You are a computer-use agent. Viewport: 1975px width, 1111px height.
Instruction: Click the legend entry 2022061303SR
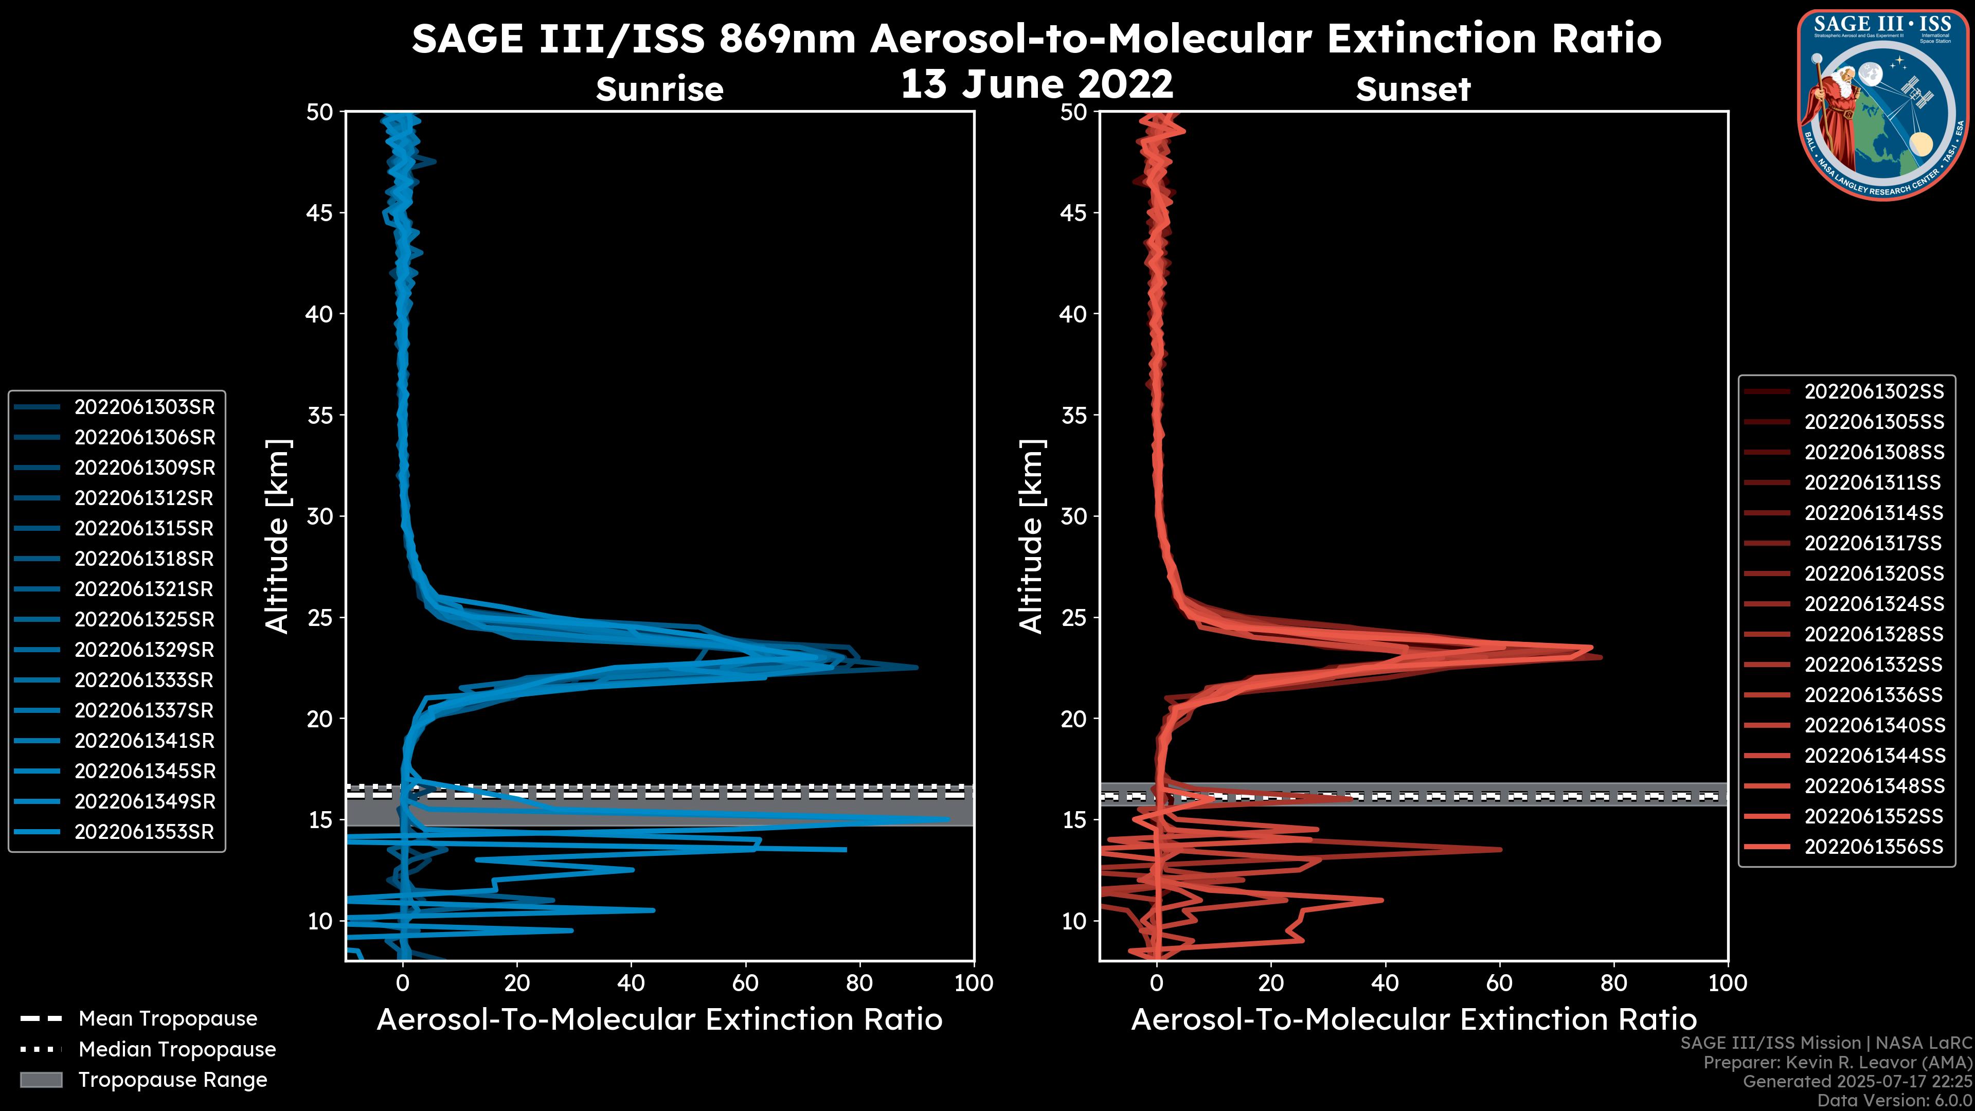(144, 407)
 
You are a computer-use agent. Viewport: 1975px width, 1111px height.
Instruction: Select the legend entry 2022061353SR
(144, 832)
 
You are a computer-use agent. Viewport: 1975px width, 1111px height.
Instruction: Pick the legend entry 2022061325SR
(144, 619)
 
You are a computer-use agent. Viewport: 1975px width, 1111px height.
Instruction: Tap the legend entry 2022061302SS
(1874, 392)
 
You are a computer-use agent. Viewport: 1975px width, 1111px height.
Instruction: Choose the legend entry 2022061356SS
(1874, 847)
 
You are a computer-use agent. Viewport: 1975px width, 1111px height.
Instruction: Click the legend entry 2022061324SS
(1874, 604)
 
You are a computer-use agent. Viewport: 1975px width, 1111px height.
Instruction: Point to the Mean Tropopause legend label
(168, 1019)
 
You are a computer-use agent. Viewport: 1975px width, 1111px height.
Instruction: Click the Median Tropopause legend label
(177, 1050)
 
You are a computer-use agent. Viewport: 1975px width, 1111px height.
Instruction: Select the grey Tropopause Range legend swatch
(41, 1080)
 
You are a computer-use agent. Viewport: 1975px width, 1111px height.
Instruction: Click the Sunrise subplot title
(659, 89)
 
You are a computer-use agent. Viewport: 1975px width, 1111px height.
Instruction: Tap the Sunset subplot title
(1413, 89)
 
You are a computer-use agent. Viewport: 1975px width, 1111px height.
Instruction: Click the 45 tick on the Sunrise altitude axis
(320, 212)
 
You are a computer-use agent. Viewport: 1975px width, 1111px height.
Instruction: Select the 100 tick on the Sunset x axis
(1728, 983)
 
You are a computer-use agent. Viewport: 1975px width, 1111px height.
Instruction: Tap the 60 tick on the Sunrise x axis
(745, 983)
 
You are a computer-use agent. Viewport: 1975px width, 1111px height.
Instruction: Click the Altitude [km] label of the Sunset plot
(1032, 536)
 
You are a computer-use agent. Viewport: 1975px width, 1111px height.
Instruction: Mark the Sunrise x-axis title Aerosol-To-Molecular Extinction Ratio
(659, 1020)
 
